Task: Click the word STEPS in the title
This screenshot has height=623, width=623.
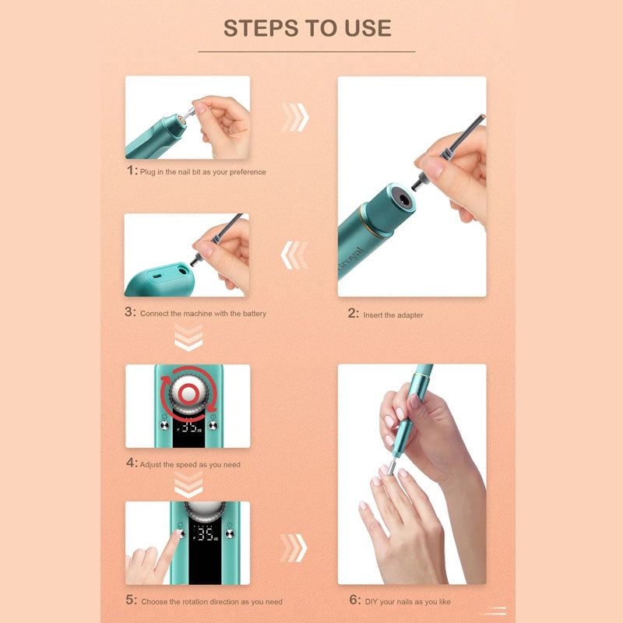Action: point(262,28)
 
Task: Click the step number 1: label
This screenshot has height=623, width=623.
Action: point(131,171)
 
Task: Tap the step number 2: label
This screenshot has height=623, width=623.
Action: point(353,315)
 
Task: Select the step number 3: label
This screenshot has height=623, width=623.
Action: point(131,313)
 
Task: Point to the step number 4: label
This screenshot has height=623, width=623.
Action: point(131,464)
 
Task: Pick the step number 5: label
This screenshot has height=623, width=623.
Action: point(131,601)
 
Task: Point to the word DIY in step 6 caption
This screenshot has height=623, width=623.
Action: point(371,602)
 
